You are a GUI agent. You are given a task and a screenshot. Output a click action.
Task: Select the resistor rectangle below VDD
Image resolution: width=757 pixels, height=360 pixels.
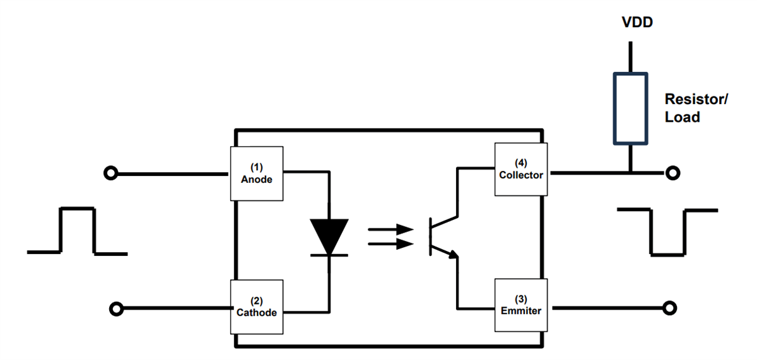(x=630, y=108)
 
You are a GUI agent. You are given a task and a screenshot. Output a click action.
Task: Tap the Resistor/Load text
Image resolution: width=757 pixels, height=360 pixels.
(x=696, y=108)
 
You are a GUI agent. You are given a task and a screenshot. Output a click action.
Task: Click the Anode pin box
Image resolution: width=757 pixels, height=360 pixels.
(x=257, y=173)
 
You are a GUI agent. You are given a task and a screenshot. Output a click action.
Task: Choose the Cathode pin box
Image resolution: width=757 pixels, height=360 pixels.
(x=257, y=306)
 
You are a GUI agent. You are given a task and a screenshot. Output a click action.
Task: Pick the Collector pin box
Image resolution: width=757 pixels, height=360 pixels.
(x=520, y=169)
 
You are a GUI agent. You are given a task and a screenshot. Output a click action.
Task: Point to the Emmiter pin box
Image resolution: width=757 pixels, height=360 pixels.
(x=520, y=305)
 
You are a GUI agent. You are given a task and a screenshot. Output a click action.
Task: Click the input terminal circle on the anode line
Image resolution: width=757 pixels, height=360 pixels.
(x=110, y=173)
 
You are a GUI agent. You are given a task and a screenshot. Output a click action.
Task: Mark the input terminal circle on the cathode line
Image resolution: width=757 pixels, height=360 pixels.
(x=116, y=308)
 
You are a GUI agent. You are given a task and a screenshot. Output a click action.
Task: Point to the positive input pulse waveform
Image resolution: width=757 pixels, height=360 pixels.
(x=77, y=231)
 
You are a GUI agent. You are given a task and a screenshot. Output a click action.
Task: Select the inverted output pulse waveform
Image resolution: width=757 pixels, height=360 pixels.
(x=667, y=232)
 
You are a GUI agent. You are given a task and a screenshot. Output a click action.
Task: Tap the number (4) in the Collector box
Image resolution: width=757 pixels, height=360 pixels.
(x=520, y=161)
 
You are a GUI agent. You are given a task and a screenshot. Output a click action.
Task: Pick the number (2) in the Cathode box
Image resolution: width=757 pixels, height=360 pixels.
(x=257, y=301)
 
